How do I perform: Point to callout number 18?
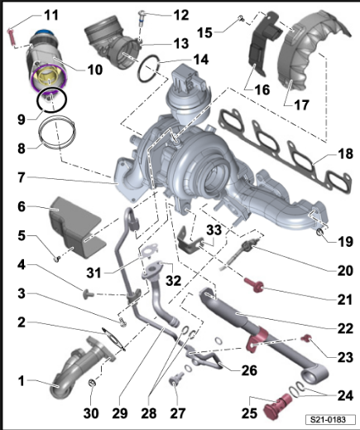coord(344,155)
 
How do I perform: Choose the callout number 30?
coord(94,413)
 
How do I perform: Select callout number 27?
coord(177,413)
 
